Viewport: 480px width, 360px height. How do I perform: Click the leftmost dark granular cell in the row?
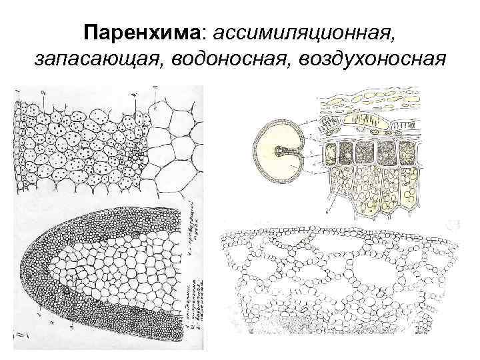[x=331, y=153]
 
